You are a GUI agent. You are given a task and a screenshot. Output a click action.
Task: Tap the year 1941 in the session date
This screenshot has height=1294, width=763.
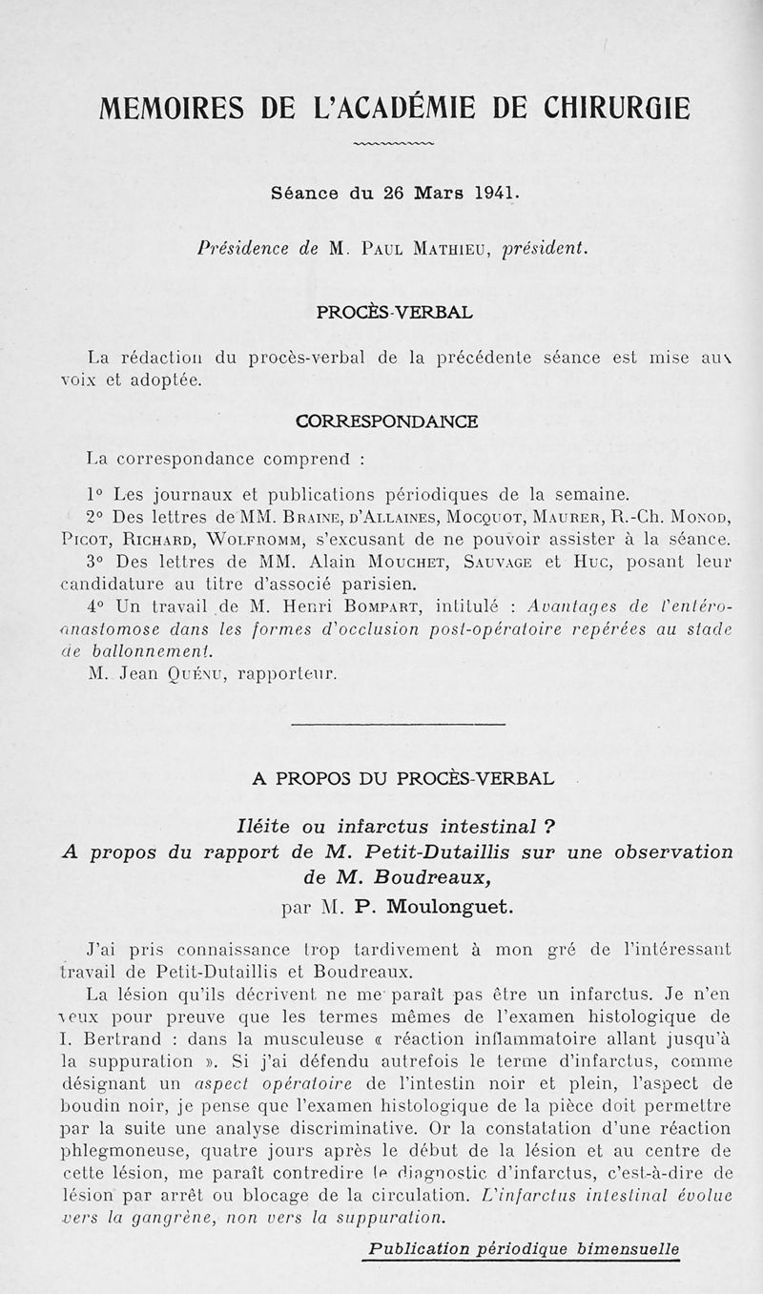(x=496, y=192)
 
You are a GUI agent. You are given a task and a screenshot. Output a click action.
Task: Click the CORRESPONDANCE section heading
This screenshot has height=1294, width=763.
(x=387, y=421)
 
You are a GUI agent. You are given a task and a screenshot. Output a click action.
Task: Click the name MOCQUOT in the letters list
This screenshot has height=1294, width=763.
(x=449, y=518)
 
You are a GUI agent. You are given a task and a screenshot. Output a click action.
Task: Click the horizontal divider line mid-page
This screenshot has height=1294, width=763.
(x=397, y=726)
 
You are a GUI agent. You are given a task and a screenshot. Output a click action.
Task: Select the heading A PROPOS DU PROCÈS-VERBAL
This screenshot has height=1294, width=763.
(x=402, y=778)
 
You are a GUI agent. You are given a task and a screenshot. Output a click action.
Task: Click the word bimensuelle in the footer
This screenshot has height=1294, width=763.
(x=631, y=1248)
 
